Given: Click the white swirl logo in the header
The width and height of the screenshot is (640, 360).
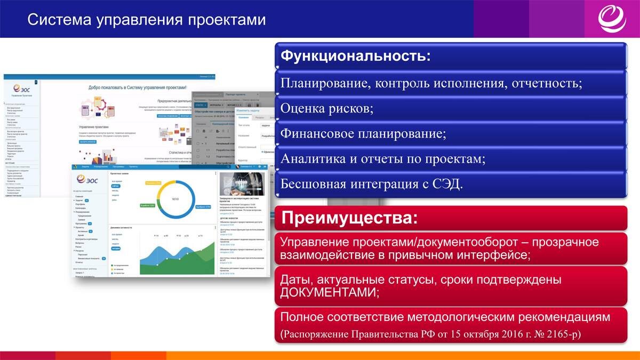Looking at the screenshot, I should [613, 19].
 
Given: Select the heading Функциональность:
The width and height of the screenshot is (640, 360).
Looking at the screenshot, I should [355, 55].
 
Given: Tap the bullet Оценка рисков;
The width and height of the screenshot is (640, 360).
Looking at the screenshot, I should [326, 108].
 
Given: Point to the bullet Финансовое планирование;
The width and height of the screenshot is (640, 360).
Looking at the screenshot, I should [363, 133].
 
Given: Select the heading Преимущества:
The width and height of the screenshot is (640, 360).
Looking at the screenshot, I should [349, 218].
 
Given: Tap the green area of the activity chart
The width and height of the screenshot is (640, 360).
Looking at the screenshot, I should [176, 266].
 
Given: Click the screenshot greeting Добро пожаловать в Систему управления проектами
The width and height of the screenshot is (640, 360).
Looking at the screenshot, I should [137, 87].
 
